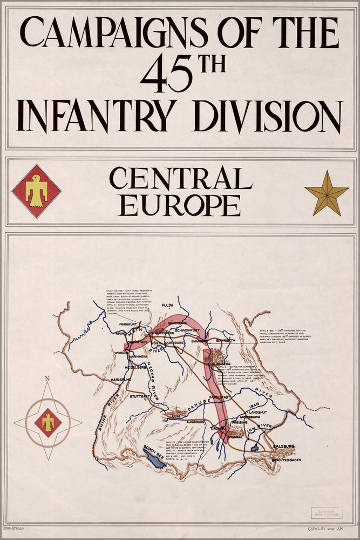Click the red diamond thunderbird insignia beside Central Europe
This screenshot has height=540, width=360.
[x=36, y=191]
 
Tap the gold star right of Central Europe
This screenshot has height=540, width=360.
[x=327, y=193]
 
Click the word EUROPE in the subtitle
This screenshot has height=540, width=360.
[x=180, y=206]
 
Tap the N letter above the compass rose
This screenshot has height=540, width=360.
[x=47, y=378]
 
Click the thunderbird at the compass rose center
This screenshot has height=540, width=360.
[x=48, y=422]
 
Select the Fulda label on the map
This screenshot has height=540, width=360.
[x=168, y=305]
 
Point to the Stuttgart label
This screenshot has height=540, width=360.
[x=140, y=396]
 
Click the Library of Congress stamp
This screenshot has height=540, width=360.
[x=326, y=512]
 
